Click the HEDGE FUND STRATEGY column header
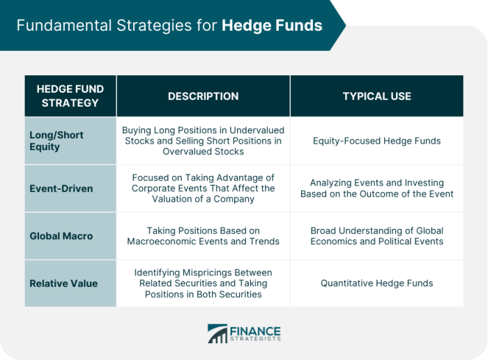pos(70,96)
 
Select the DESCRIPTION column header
pos(203,96)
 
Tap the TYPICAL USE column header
pos(376,96)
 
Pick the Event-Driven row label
pos(61,188)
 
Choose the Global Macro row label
pos(61,236)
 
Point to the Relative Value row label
pos(63,283)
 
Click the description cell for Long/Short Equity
pos(203,141)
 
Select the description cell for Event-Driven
pos(203,188)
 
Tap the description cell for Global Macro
pos(203,236)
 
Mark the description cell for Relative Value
pos(203,283)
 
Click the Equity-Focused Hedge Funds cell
pos(376,141)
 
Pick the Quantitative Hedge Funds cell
pos(376,283)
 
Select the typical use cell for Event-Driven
pos(376,188)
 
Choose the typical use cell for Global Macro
pos(376,236)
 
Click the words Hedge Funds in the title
pos(272,26)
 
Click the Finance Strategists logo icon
pos(217,333)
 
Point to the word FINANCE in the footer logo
pos(255,329)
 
